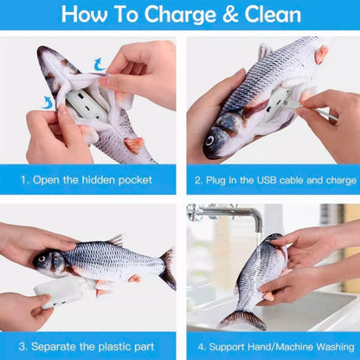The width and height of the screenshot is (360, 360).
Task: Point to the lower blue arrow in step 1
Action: (48, 101)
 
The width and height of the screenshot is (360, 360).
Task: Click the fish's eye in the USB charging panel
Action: (211, 140)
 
